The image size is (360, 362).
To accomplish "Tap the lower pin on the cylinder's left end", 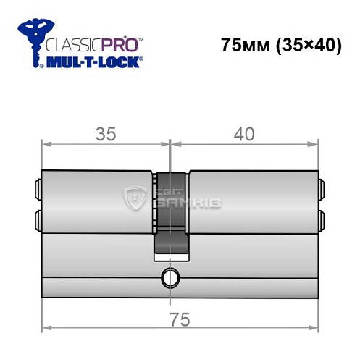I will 37,219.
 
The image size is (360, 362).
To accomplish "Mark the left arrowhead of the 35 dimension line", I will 46,144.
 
